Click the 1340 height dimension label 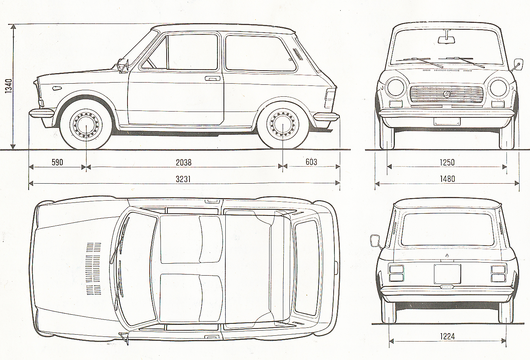[x=9, y=86]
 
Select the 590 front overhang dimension [x=57, y=162]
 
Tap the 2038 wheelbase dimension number [x=184, y=163]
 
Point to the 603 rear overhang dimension [x=311, y=162]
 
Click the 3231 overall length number [x=183, y=179]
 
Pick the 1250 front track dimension [x=447, y=162]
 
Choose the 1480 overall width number [x=447, y=179]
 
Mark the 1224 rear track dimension [x=447, y=336]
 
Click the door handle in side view [x=212, y=78]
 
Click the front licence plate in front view [x=447, y=122]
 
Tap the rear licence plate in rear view [x=447, y=274]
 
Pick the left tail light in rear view [x=396, y=273]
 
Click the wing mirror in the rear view [x=375, y=240]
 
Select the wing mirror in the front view [x=518, y=64]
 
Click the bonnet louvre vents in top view [x=93, y=268]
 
